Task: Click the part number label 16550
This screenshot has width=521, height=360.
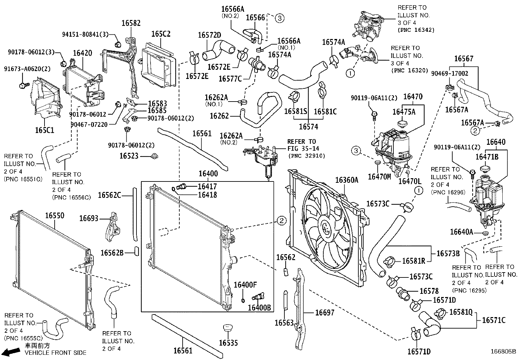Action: tap(55, 216)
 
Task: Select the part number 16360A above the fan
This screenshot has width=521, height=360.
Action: tap(347, 180)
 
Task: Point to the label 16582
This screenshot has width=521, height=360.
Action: tap(131, 23)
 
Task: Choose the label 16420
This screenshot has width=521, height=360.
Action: tap(82, 53)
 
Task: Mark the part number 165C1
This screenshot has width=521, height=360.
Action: tap(45, 130)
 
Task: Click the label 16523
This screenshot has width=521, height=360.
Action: tap(129, 156)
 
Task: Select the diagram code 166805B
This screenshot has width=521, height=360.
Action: tap(503, 351)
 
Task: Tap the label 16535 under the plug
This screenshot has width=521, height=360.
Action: tap(228, 343)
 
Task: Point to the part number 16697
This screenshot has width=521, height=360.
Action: tap(325, 313)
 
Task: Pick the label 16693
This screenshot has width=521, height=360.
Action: tap(89, 218)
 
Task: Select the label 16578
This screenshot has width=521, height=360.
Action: tap(429, 291)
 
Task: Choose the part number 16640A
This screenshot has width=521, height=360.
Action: tap(461, 232)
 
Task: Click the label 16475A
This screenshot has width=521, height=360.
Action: tap(404, 112)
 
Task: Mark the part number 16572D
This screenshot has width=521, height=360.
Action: tap(210, 35)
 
